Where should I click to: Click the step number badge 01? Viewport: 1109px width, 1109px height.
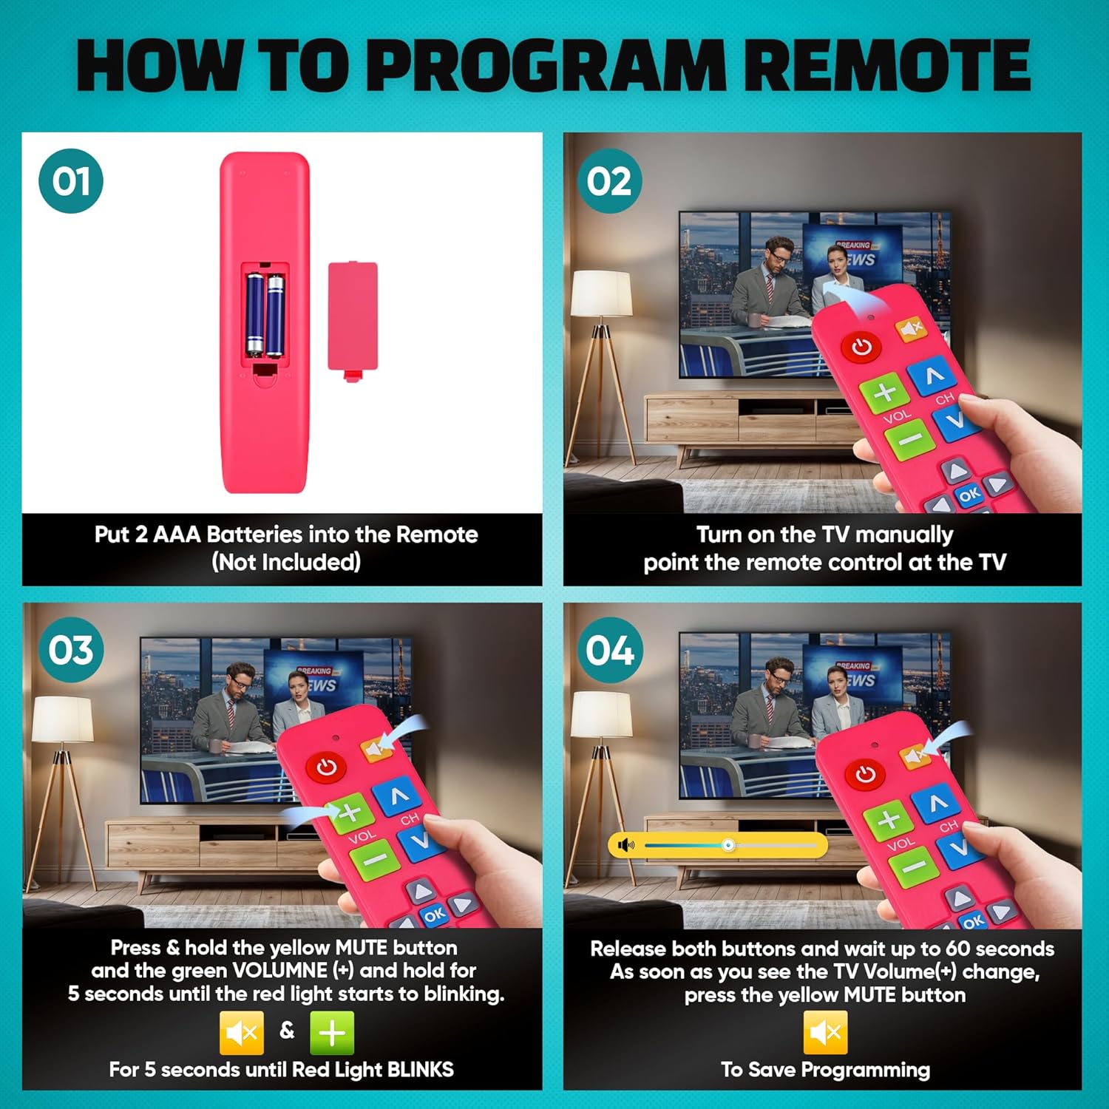(71, 181)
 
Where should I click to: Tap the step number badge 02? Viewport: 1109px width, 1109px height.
(609, 181)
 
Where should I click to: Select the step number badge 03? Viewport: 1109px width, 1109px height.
(71, 650)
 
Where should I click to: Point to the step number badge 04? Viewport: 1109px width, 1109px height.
(609, 650)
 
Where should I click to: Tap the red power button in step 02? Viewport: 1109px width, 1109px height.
(861, 347)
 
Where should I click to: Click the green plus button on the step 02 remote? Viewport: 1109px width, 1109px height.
(885, 393)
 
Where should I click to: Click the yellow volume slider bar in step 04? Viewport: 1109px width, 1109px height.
(718, 844)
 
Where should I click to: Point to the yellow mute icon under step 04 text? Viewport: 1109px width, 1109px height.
(825, 1032)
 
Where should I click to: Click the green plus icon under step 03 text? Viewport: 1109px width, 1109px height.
(332, 1032)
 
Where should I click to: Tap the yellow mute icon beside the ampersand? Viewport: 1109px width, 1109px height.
(242, 1032)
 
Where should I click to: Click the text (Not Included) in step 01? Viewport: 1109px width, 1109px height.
(286, 562)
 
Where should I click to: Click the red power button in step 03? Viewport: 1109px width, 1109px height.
(327, 767)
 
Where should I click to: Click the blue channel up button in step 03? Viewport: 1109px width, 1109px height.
(399, 796)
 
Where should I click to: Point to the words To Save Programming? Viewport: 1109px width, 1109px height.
(825, 1070)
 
